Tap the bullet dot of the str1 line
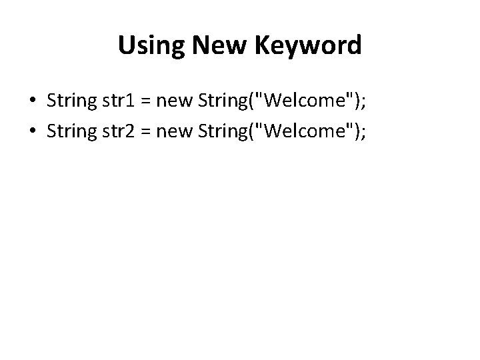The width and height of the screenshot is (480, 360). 32,101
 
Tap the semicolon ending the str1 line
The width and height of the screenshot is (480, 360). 363,102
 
